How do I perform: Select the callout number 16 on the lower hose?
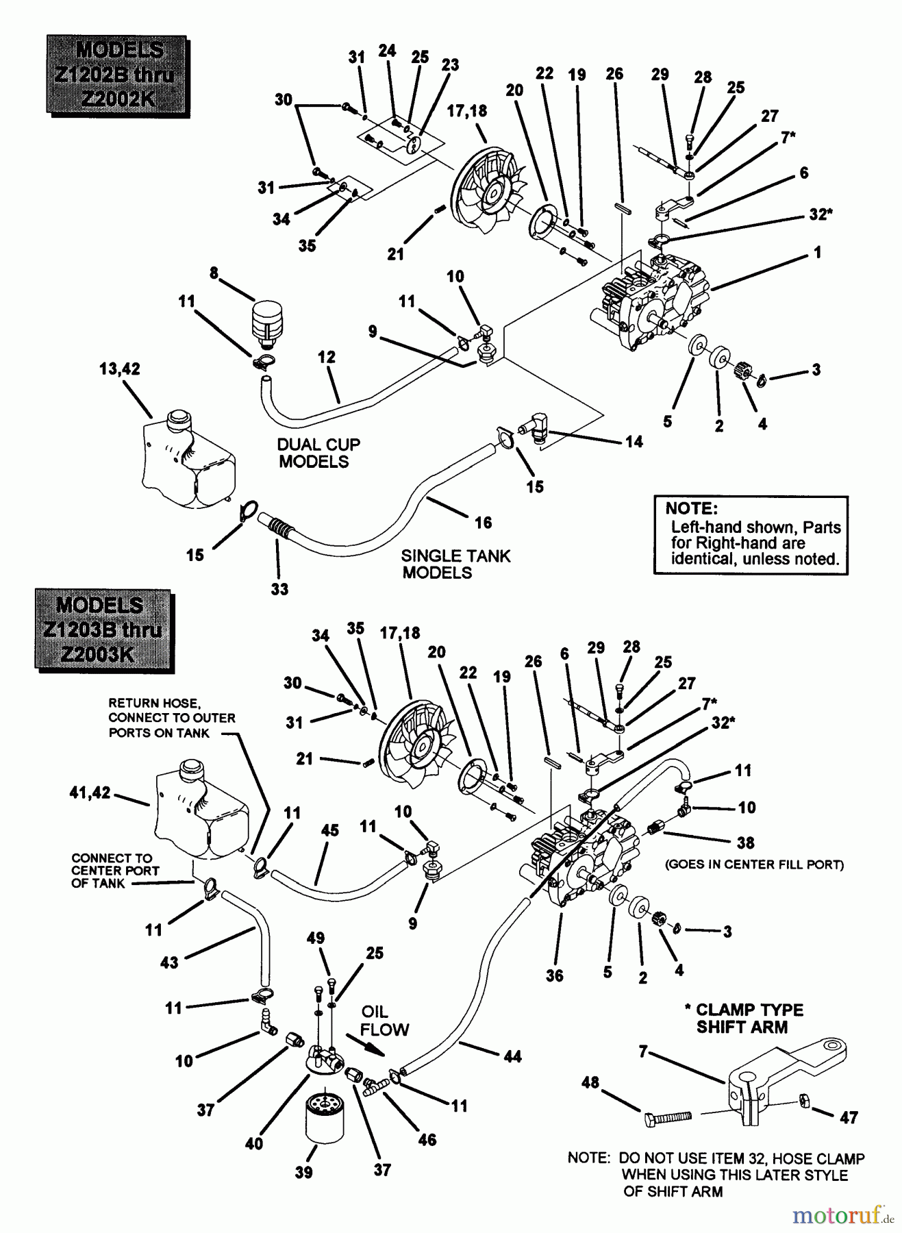point(484,523)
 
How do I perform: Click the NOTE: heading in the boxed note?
point(691,508)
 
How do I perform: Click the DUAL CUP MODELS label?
point(318,453)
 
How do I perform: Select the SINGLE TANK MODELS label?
point(455,564)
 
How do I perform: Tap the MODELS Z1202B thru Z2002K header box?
point(115,75)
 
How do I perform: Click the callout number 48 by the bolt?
point(590,1082)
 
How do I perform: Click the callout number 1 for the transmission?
point(818,253)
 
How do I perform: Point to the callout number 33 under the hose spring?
point(279,588)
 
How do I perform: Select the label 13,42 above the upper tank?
point(119,369)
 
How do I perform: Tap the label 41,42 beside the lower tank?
point(90,793)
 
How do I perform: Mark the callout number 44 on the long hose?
point(512,1056)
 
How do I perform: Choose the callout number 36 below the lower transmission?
point(554,975)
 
